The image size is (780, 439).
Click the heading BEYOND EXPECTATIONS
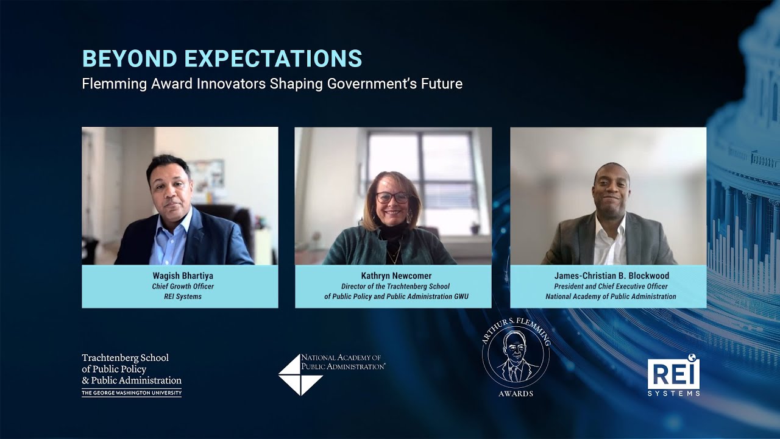222,59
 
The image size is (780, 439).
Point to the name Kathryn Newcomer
393,276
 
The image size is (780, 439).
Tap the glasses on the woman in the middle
392,198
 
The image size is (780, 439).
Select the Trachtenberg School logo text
131,369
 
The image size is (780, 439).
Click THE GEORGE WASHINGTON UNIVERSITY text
131,393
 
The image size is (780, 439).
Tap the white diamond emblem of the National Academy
300,375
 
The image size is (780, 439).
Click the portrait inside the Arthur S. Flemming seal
516,360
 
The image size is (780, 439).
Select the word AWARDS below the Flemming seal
515,394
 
